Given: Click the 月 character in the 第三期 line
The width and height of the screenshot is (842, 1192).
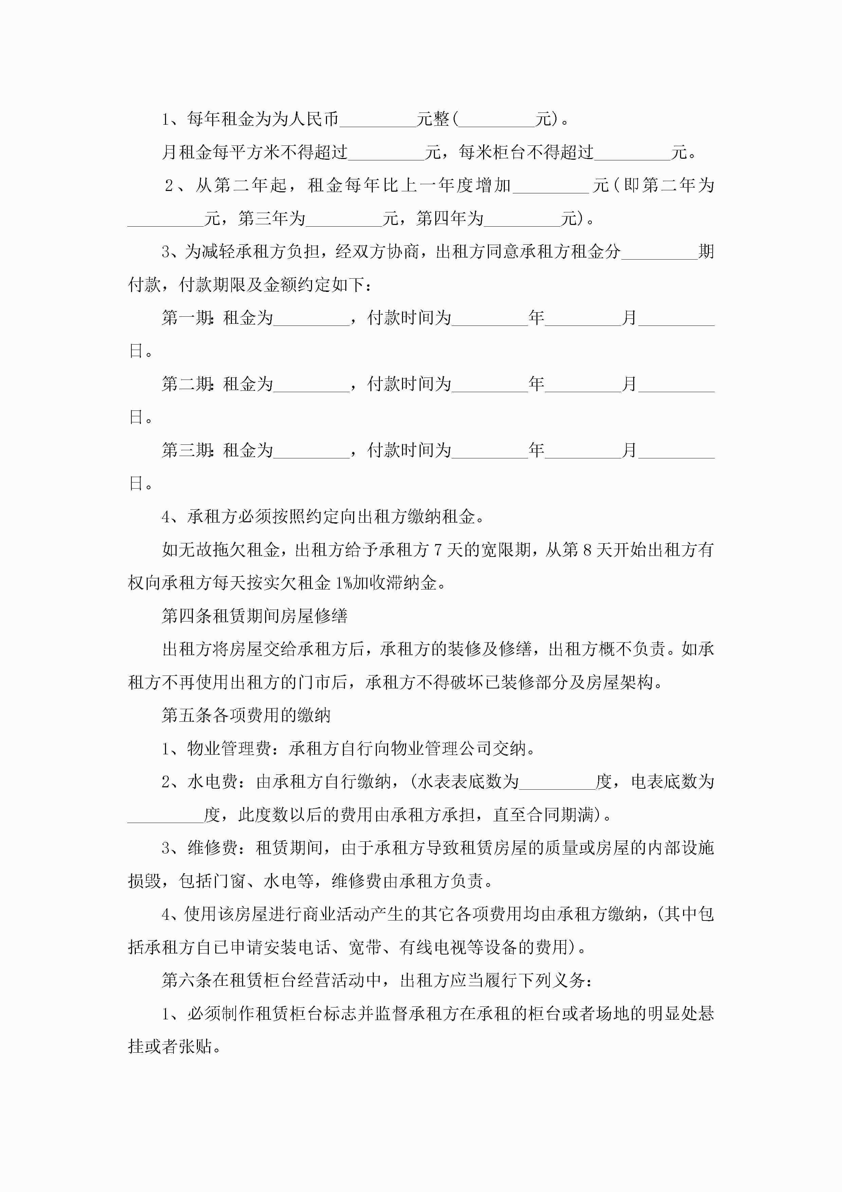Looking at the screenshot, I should [630, 450].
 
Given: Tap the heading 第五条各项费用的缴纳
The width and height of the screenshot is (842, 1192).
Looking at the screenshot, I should [246, 715].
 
